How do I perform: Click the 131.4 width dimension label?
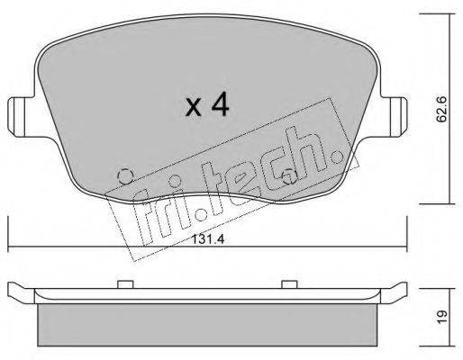(x=208, y=239)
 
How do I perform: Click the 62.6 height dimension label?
(x=441, y=109)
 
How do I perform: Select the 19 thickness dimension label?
(x=442, y=317)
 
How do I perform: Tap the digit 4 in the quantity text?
(x=220, y=105)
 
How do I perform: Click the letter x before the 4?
(x=193, y=107)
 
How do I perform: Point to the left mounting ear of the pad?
(x=21, y=117)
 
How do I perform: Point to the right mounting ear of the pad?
(x=394, y=116)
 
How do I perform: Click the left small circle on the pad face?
(x=126, y=176)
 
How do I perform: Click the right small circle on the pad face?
(x=289, y=176)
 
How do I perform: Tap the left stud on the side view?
(x=125, y=284)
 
